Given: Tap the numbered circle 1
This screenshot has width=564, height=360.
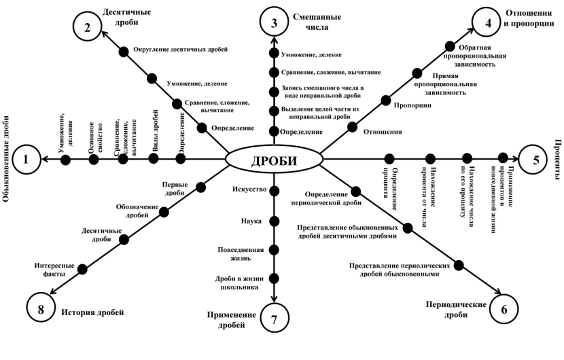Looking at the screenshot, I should (27, 160).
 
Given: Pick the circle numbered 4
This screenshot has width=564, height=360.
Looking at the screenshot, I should (486, 22).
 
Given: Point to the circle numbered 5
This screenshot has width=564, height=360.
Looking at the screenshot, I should (535, 160).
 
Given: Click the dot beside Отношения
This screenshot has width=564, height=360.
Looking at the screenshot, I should (352, 126).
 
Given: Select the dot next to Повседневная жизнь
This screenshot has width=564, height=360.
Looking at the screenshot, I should (275, 249).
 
